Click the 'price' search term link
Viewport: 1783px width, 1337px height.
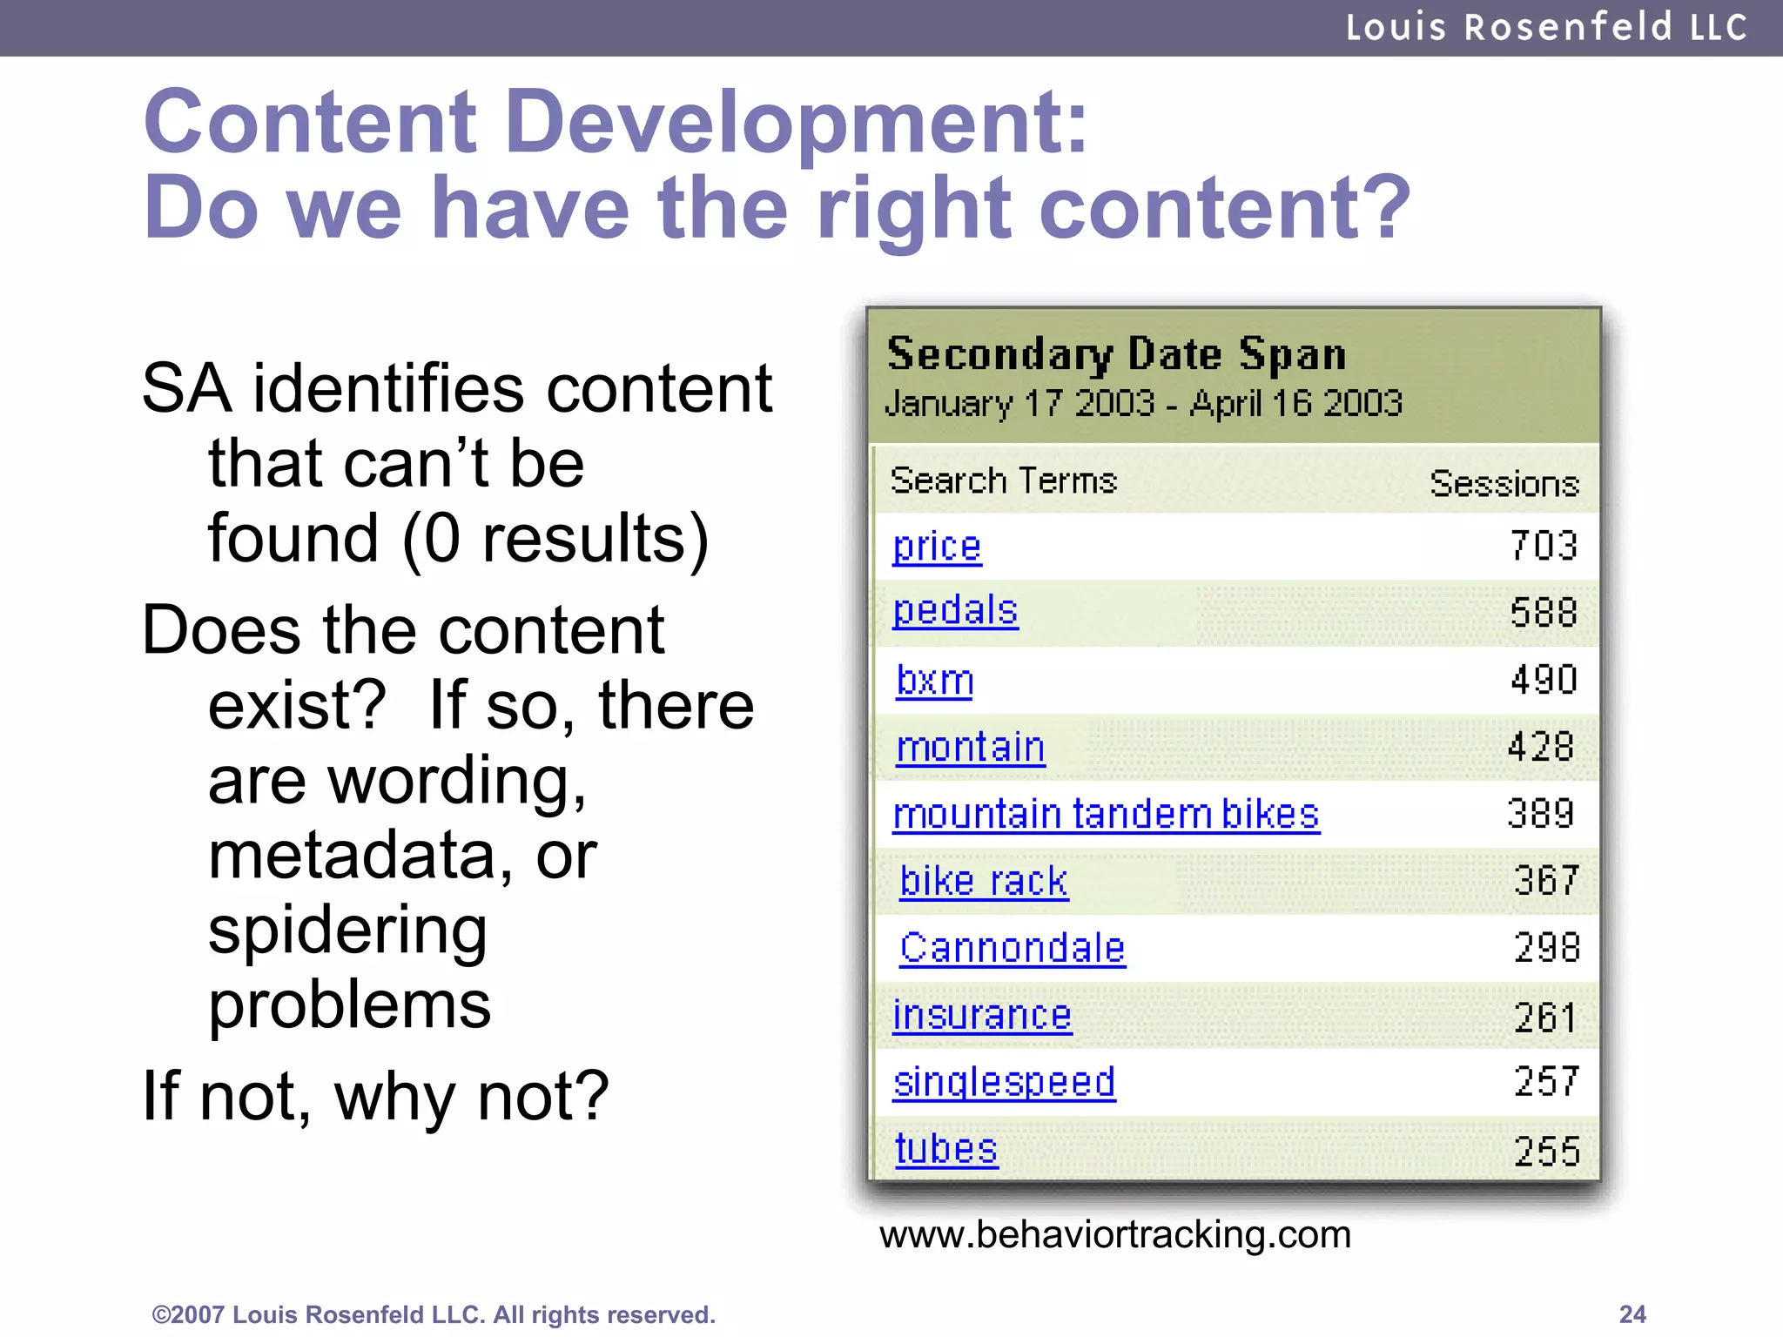pos(937,547)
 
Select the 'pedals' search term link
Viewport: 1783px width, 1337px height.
pos(955,611)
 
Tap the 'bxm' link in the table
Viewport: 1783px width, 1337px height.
pos(935,680)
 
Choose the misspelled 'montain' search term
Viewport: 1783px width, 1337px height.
pos(970,748)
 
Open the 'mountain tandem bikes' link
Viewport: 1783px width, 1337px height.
pos(1106,815)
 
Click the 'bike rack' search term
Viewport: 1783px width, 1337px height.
pos(984,881)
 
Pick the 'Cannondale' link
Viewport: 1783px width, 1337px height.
pos(1013,948)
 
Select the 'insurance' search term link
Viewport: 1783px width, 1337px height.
pos(982,1015)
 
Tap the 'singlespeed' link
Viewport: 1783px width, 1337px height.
pos(1004,1082)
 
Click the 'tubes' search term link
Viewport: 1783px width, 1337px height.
pos(945,1149)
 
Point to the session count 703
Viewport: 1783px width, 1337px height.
pos(1544,546)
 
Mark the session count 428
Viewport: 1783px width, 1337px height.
pos(1541,747)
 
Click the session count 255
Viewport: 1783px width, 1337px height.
pos(1546,1151)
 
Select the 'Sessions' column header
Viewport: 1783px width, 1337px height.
pos(1504,483)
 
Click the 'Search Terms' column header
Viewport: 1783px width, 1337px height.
pos(1003,480)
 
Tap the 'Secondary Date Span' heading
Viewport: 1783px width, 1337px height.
pos(1116,354)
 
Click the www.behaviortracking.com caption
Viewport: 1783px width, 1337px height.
pos(1115,1234)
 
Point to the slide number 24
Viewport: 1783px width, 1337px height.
pos(1632,1313)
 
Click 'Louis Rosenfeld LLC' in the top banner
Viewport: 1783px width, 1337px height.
pos(1546,27)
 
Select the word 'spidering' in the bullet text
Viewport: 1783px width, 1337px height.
pos(347,930)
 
